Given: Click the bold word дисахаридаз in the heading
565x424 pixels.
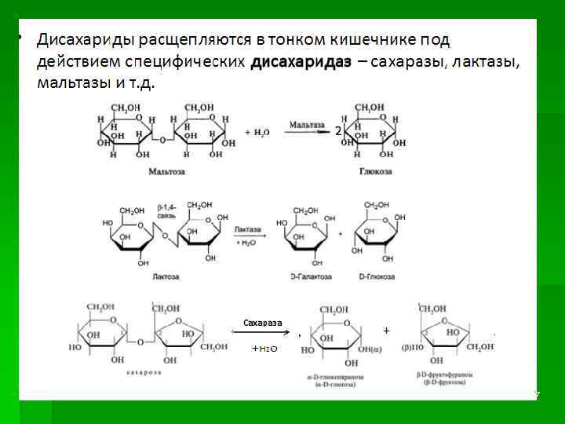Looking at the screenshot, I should point(301,62).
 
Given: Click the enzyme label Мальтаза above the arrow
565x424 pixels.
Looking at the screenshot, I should point(306,124).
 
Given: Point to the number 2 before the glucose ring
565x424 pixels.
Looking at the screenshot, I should point(338,132).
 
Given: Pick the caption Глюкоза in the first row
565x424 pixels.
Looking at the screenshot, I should point(375,170).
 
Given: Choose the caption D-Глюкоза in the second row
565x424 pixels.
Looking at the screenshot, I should point(375,276).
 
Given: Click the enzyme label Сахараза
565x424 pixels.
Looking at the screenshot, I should point(262,323).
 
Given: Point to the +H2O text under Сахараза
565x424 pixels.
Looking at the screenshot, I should point(264,346).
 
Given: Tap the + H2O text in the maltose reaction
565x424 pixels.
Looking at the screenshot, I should point(257,133).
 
